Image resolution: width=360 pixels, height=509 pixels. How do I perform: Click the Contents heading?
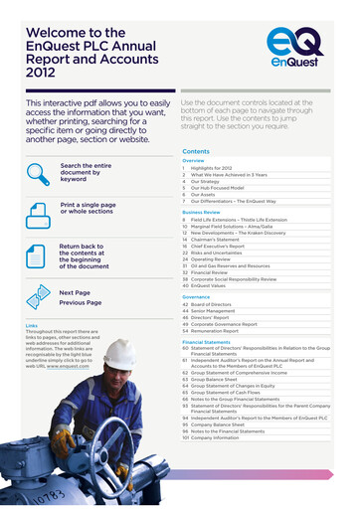click(x=196, y=151)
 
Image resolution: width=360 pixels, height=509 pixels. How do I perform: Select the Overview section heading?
click(x=193, y=160)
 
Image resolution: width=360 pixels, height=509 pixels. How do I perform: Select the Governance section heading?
click(x=196, y=296)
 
